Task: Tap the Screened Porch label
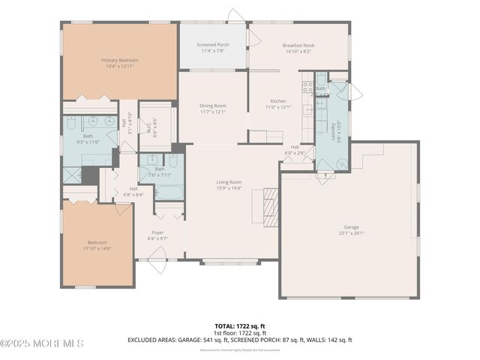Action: pos(213,45)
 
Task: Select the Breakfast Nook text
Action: pos(298,45)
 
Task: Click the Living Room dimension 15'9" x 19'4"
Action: pos(229,188)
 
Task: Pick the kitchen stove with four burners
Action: pos(306,85)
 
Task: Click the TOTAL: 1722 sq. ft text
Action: pos(239,325)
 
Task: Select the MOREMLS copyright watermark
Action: pos(42,343)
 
